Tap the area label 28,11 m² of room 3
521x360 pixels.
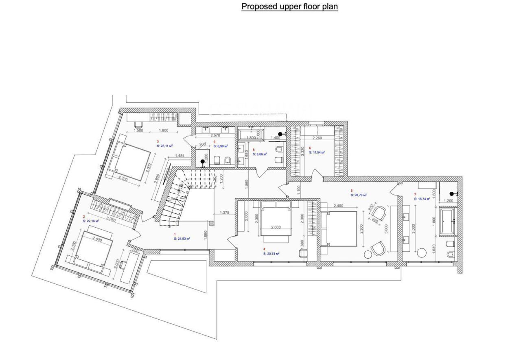(165, 145)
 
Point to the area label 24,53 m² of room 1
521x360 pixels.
(182, 239)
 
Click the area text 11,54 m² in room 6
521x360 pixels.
(317, 152)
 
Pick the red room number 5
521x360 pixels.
(352, 190)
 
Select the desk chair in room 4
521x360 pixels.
(302, 253)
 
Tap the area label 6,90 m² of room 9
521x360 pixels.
(220, 145)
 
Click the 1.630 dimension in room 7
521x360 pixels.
(435, 248)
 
